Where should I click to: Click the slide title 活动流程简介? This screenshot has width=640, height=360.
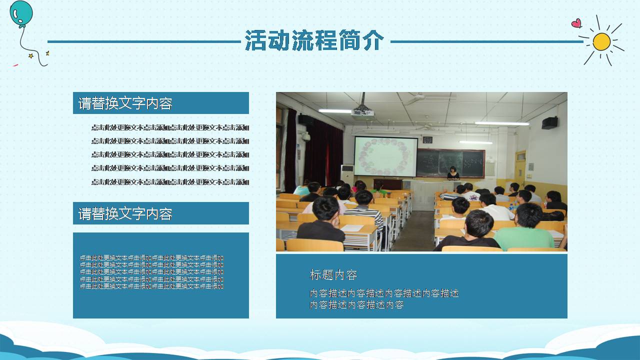click(x=314, y=40)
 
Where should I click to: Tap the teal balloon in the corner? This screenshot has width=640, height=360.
click(x=20, y=12)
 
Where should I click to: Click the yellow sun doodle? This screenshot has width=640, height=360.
click(x=601, y=42)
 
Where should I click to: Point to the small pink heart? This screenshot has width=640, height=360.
click(x=576, y=23)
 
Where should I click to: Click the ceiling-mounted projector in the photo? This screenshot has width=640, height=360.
click(x=362, y=111)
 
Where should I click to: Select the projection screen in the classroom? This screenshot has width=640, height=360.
click(x=385, y=156)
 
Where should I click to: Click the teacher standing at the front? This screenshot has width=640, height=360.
click(x=453, y=173)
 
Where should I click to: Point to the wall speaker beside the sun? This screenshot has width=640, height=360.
click(x=549, y=123)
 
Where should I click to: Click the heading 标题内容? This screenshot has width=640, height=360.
click(x=333, y=275)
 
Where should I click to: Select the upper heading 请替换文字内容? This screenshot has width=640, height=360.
click(x=125, y=103)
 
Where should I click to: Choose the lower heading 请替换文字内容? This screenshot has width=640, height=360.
click(x=125, y=214)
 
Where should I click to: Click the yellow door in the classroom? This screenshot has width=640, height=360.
click(x=520, y=170)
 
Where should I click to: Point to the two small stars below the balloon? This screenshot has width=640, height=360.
click(x=38, y=54)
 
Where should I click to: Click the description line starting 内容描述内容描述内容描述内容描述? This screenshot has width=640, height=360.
click(x=384, y=293)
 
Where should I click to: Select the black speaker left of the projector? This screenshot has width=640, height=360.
click(x=306, y=119)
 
